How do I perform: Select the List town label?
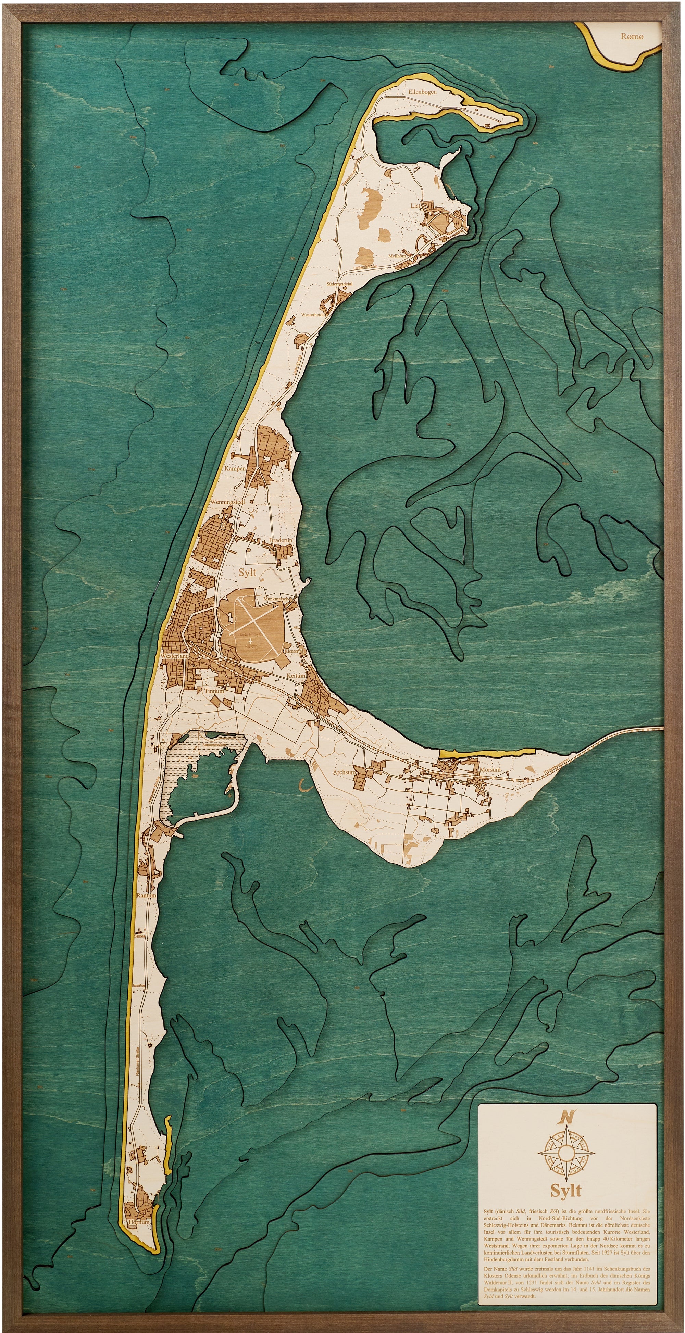point(415,205)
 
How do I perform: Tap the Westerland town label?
point(174,656)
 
